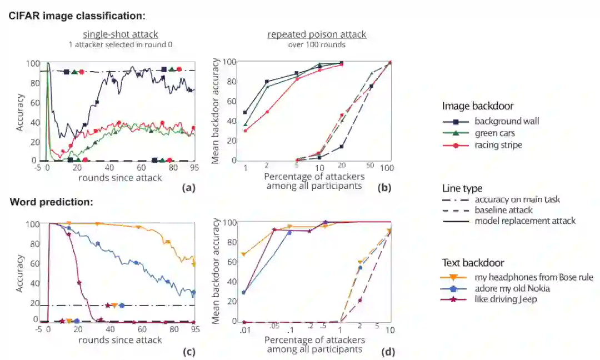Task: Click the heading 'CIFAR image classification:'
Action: (77, 16)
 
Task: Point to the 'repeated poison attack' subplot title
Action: (317, 34)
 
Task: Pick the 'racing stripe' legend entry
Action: (498, 145)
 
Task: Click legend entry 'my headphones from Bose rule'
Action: (534, 277)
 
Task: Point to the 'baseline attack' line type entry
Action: (504, 210)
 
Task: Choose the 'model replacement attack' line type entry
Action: (525, 221)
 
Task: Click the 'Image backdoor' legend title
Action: (478, 106)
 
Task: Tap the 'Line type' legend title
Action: (462, 189)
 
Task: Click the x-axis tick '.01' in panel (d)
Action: (242, 331)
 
